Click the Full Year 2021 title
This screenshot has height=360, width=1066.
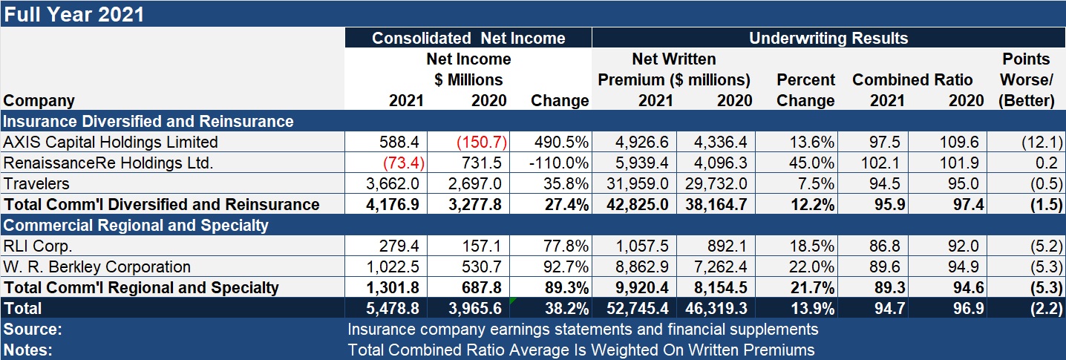click(74, 14)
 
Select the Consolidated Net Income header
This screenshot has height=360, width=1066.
click(468, 39)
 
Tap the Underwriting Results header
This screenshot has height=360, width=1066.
click(828, 39)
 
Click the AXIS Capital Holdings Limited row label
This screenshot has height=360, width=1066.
click(111, 143)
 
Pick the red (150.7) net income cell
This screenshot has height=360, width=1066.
click(483, 143)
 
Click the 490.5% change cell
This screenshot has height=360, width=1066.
click(562, 143)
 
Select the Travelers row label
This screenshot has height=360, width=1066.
click(36, 183)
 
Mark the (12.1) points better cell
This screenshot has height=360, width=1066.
click(1040, 143)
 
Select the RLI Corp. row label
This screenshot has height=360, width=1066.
click(38, 246)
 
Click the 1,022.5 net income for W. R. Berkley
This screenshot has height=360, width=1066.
click(399, 267)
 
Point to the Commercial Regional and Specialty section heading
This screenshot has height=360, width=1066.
click(136, 226)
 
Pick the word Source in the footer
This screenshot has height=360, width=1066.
click(33, 329)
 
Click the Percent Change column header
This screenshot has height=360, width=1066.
click(805, 90)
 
